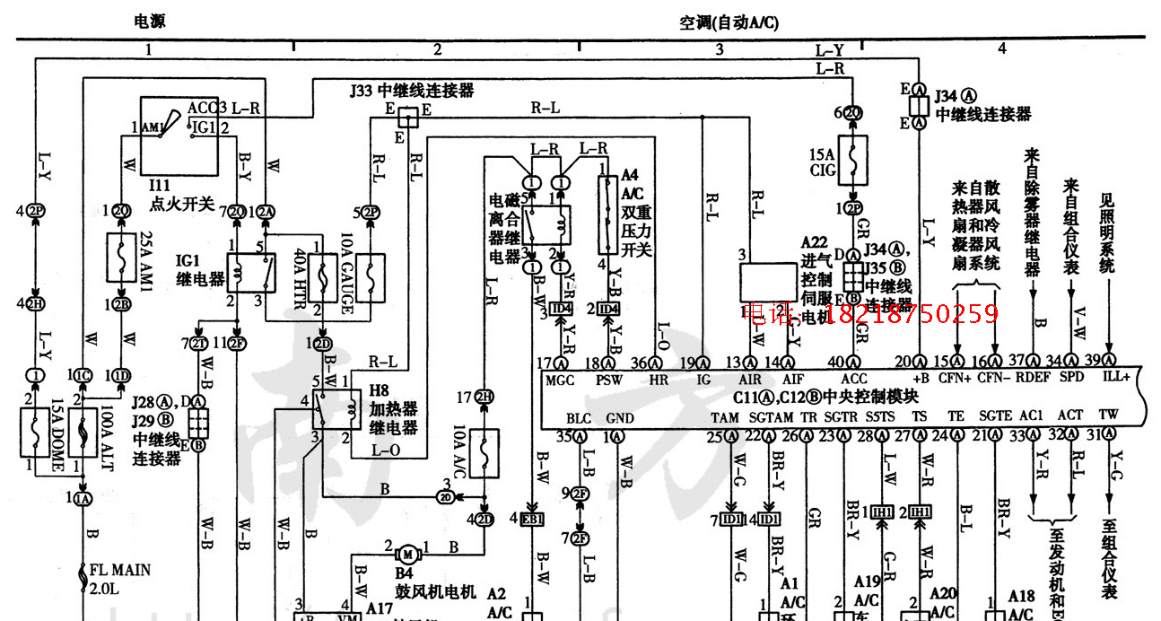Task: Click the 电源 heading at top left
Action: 149,21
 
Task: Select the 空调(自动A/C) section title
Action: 729,23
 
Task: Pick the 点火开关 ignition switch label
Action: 182,205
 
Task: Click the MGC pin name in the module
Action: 560,380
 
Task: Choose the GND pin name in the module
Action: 619,418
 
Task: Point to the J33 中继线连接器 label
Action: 411,91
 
